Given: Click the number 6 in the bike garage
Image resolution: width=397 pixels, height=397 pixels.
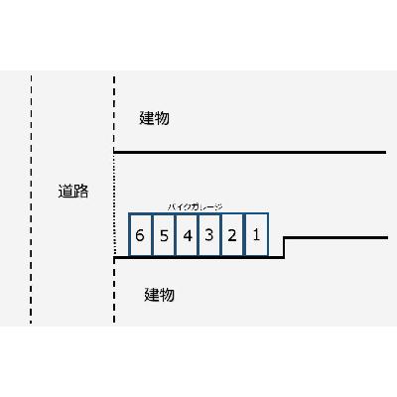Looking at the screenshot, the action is (140, 235).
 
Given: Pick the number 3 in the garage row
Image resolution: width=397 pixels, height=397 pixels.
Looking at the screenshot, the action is (208, 235).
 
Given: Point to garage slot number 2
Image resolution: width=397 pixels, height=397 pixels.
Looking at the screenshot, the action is (232, 235).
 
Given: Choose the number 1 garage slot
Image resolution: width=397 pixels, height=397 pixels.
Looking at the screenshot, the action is (256, 234).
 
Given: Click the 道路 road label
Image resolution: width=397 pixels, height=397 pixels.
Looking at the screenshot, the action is (73, 192).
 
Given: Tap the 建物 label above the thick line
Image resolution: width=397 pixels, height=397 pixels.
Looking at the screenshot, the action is (154, 118).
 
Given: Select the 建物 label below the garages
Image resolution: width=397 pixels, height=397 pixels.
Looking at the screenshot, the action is (159, 295).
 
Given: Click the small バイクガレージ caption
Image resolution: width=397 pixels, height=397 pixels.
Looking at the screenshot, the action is (195, 207).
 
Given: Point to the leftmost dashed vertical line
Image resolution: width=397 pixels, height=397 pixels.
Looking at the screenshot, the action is (31, 199).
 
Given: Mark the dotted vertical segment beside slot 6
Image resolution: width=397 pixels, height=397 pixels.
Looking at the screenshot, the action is (114, 204).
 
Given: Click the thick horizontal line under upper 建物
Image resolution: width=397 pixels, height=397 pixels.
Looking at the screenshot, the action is (250, 152).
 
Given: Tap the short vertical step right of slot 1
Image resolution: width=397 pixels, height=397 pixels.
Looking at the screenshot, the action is (284, 247).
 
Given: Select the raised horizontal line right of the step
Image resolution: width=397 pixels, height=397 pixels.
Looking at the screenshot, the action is (335, 237).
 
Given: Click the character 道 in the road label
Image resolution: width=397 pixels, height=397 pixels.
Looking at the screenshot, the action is (66, 192).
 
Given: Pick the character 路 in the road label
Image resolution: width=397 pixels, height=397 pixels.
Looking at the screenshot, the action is (80, 192).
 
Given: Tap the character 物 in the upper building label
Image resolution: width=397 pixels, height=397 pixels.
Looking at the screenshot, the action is (162, 118).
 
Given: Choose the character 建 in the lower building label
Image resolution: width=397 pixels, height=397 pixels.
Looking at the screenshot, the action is (152, 295).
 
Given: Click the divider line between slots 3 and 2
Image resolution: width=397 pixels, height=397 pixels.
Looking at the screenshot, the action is (221, 235).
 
